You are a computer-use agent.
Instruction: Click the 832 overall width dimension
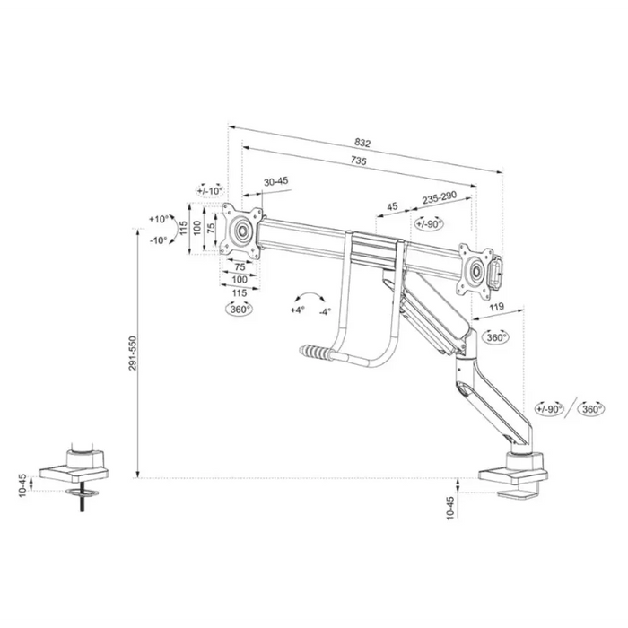[x=362, y=144]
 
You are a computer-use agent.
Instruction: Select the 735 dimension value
[x=358, y=161]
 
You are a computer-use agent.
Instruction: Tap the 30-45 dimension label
[x=275, y=181]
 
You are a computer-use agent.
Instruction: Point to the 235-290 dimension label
[x=440, y=197]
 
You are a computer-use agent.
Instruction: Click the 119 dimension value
[x=496, y=308]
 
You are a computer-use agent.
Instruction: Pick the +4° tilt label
[x=297, y=310]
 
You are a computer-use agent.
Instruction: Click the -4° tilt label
[x=325, y=310]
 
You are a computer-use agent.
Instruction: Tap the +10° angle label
[x=160, y=220]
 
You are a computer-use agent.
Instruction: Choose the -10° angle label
[x=160, y=240]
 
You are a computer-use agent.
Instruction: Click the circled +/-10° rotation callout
[x=210, y=190]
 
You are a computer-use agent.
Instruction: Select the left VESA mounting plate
[x=241, y=231]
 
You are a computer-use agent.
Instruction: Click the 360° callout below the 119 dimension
[x=494, y=337]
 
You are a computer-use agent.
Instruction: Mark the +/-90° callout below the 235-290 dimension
[x=429, y=223]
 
